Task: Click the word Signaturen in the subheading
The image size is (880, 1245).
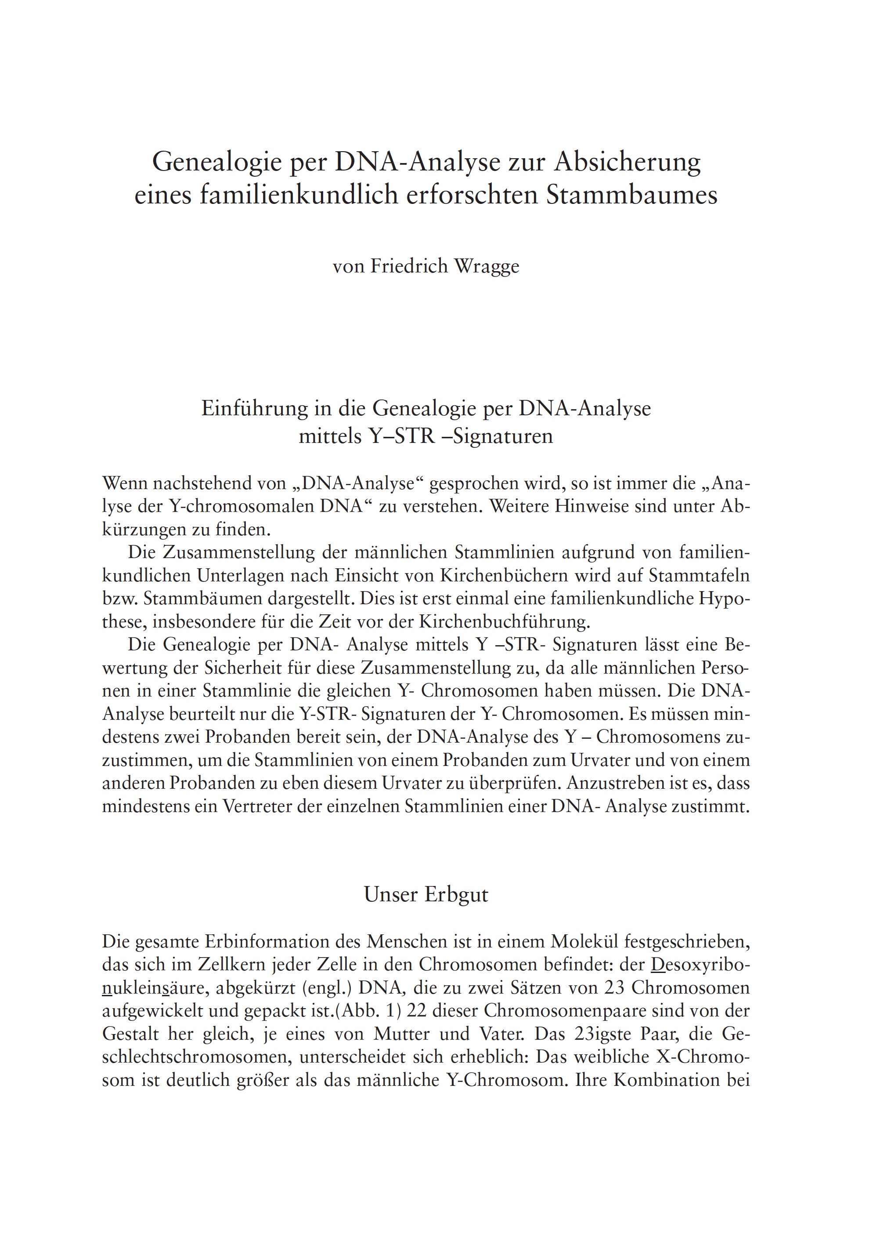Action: pos(503,436)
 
